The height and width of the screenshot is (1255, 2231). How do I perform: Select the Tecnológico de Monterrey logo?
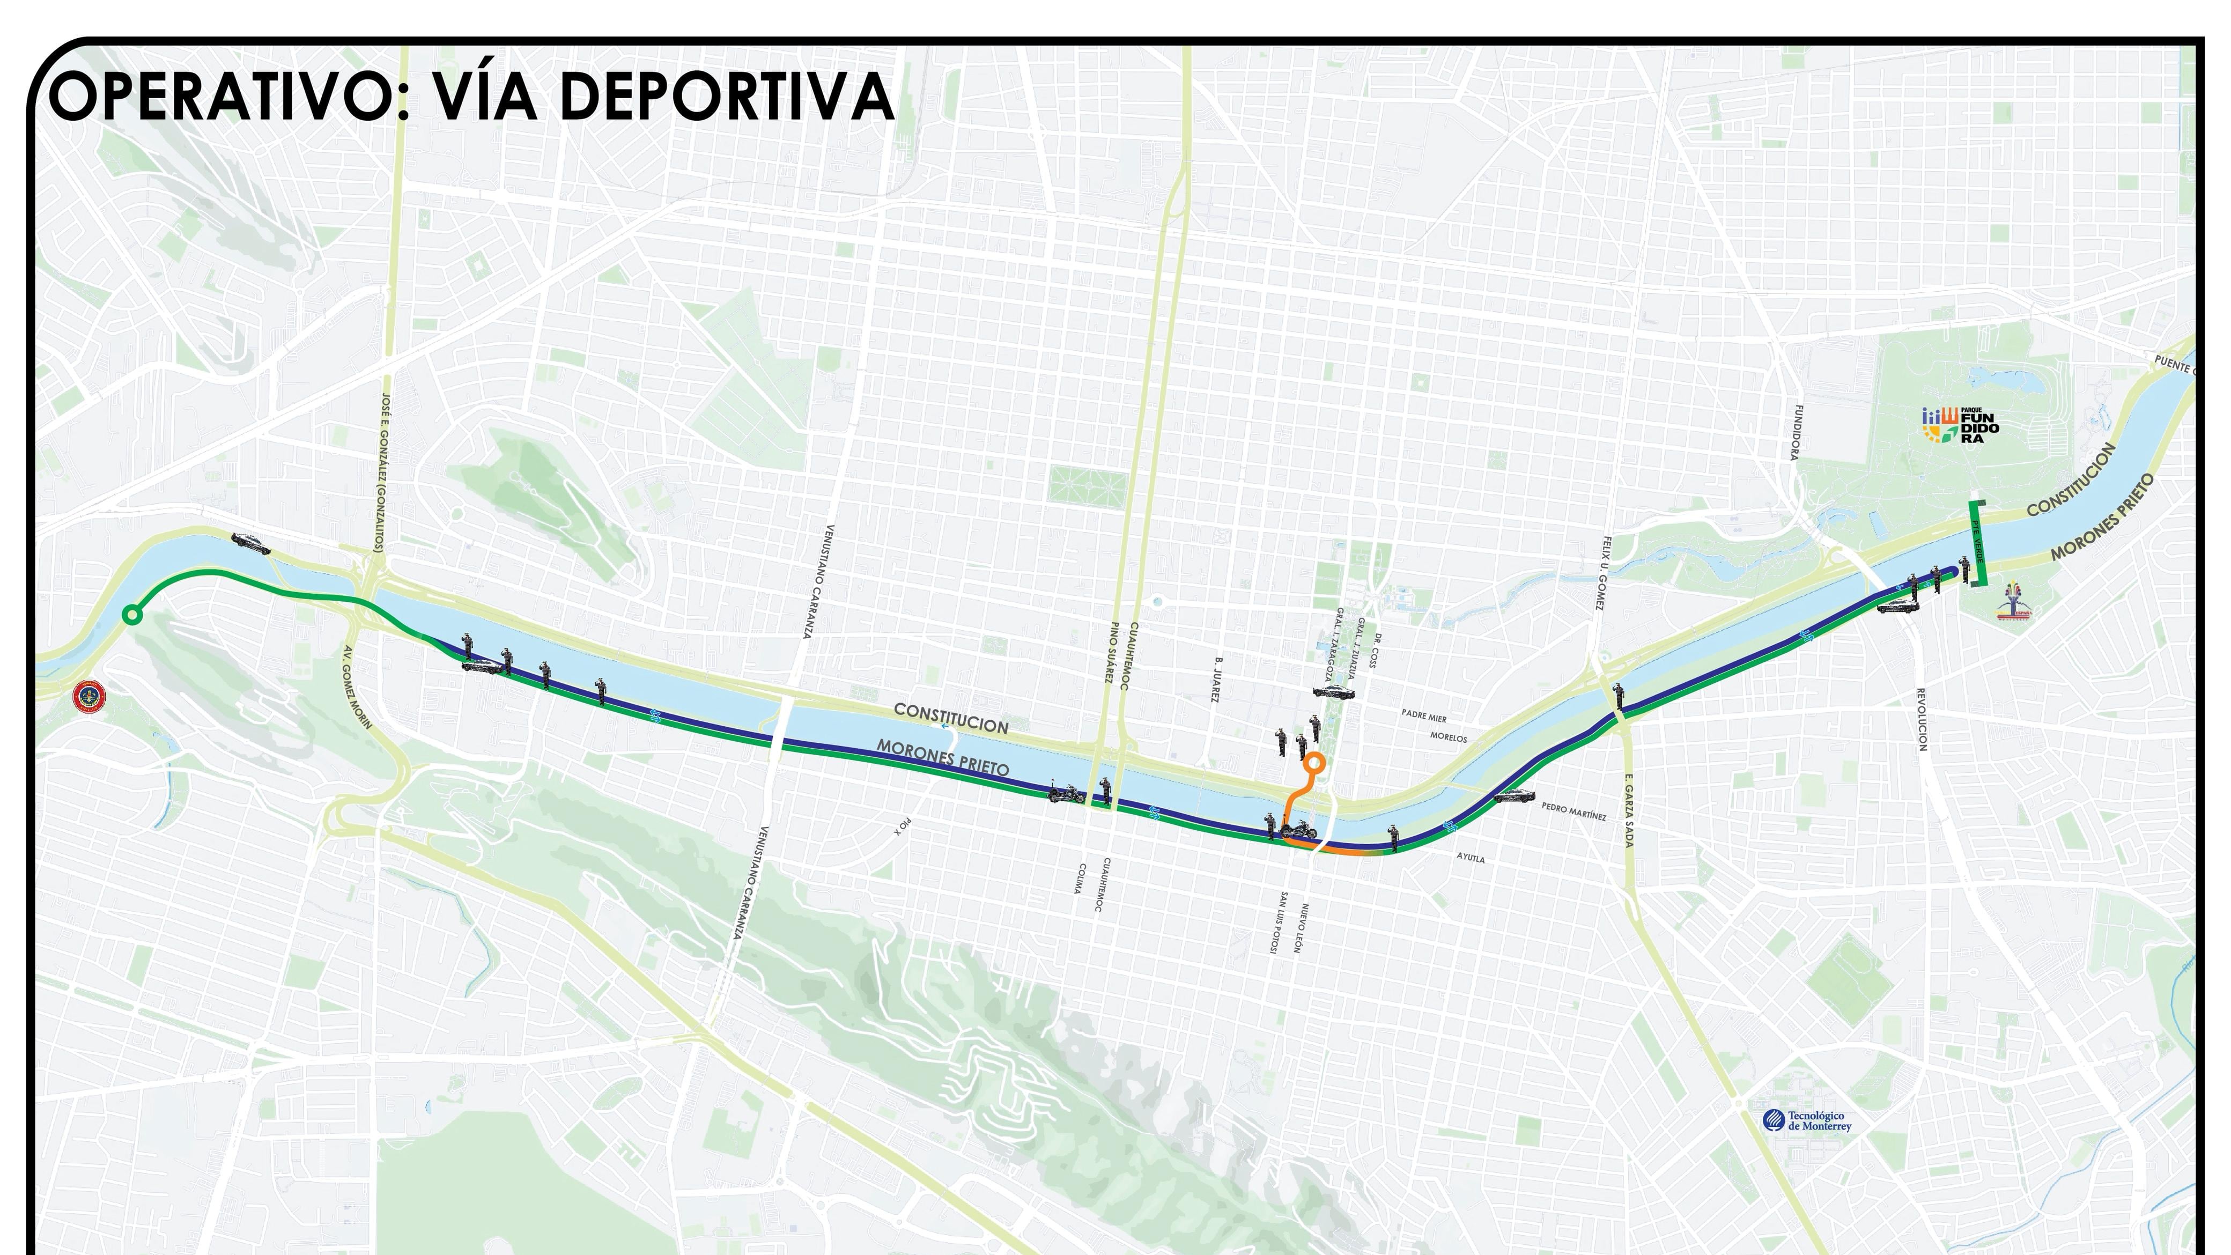pos(1807,1121)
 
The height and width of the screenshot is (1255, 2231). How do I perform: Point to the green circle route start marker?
pos(131,615)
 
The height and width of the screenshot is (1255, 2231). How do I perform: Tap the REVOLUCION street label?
pos(1921,719)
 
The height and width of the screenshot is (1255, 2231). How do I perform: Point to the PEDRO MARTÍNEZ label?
pos(1573,811)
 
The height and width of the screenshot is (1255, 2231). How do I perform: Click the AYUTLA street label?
pos(1471,858)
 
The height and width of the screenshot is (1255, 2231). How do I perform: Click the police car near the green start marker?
pos(251,544)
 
